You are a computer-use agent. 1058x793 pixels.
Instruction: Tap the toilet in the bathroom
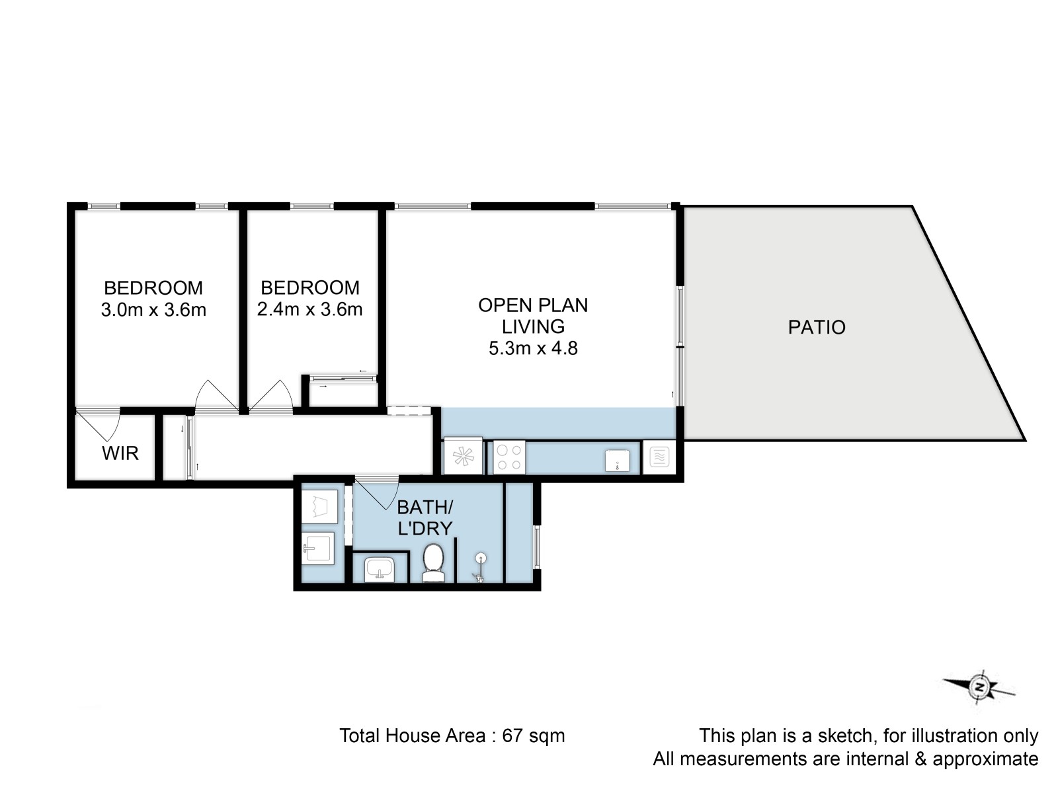[x=432, y=562]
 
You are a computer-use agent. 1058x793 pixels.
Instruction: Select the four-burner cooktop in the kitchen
[x=509, y=457]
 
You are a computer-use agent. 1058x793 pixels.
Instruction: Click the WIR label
[x=120, y=453]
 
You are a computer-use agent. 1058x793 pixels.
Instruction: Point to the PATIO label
[x=817, y=327]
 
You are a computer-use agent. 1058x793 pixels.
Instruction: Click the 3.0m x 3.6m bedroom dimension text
[x=153, y=309]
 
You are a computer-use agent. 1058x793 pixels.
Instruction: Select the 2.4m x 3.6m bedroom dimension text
[x=309, y=309]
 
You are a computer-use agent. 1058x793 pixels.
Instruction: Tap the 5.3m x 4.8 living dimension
[x=533, y=348]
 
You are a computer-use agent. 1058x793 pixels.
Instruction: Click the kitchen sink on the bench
[x=618, y=461]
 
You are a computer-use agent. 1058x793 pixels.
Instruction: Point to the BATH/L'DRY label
[x=425, y=518]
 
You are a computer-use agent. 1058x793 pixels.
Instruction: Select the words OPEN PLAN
[x=533, y=305]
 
